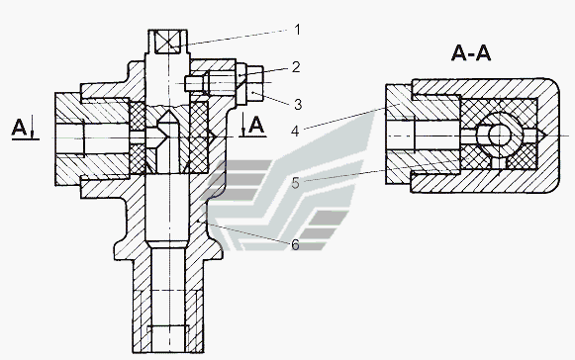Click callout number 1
coord(298,30)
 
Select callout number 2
coord(296,67)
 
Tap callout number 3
coord(298,104)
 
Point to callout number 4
coord(296,131)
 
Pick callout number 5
coord(296,183)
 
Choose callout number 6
coord(296,245)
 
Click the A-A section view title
coord(471,53)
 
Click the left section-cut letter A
coord(19,128)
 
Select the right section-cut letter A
coord(256,126)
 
